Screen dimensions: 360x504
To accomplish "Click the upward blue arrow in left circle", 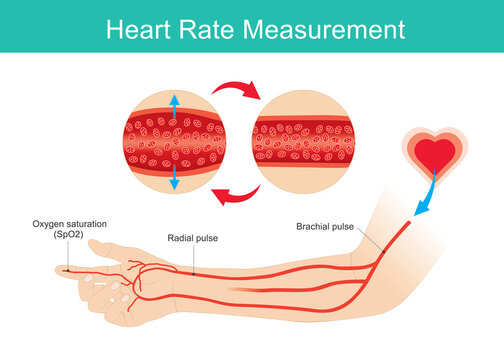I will pos(175,108).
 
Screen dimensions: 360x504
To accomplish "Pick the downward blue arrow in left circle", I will pos(175,177).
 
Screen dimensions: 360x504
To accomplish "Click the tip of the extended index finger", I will pos(58,269).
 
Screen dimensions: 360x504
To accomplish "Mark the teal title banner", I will pos(252,29).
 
